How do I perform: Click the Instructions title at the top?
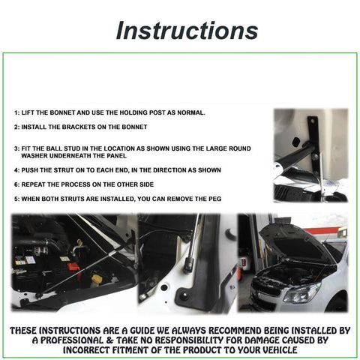point(187,31)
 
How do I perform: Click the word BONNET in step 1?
point(63,112)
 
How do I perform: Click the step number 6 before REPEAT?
point(16,184)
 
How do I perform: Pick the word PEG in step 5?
point(215,199)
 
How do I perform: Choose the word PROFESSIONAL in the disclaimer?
point(72,340)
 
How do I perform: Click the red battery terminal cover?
point(74,267)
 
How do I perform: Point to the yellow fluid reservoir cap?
point(97,278)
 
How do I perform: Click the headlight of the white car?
point(302,293)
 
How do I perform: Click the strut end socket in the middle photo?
point(188,265)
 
